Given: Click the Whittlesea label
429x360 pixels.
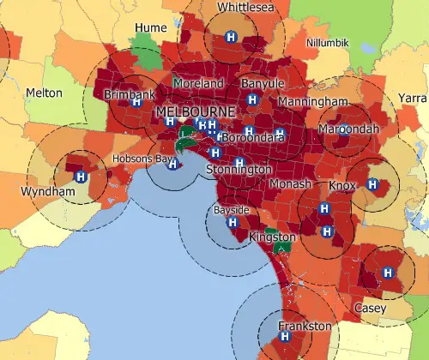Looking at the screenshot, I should pyautogui.click(x=232, y=7).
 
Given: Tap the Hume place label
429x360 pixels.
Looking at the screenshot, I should pyautogui.click(x=150, y=28).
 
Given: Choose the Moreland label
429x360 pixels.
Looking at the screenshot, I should pyautogui.click(x=197, y=84).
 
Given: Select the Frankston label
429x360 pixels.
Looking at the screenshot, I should pyautogui.click(x=305, y=327).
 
